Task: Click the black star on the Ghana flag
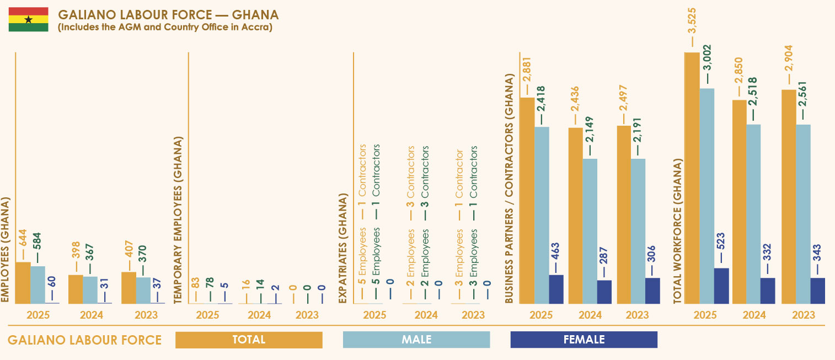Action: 28,19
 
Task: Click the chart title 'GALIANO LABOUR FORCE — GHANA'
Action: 169,15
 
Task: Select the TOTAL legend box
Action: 249,340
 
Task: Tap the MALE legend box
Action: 416,340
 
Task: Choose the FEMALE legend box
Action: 584,340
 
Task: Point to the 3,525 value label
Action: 692,21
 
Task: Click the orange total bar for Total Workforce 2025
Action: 692,178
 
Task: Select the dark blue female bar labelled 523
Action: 721,286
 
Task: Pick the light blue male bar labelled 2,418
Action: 542,216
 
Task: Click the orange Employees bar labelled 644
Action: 23,283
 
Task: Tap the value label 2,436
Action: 575,99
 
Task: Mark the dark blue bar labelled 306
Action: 652,291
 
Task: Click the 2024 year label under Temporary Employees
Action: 259,315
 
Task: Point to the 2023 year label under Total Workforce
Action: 804,315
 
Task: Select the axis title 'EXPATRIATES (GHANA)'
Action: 342,248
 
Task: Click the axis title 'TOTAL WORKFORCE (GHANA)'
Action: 678,231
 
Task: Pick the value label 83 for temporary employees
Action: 195,283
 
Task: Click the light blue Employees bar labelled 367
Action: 90,290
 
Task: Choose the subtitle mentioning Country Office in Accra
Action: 165,27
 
